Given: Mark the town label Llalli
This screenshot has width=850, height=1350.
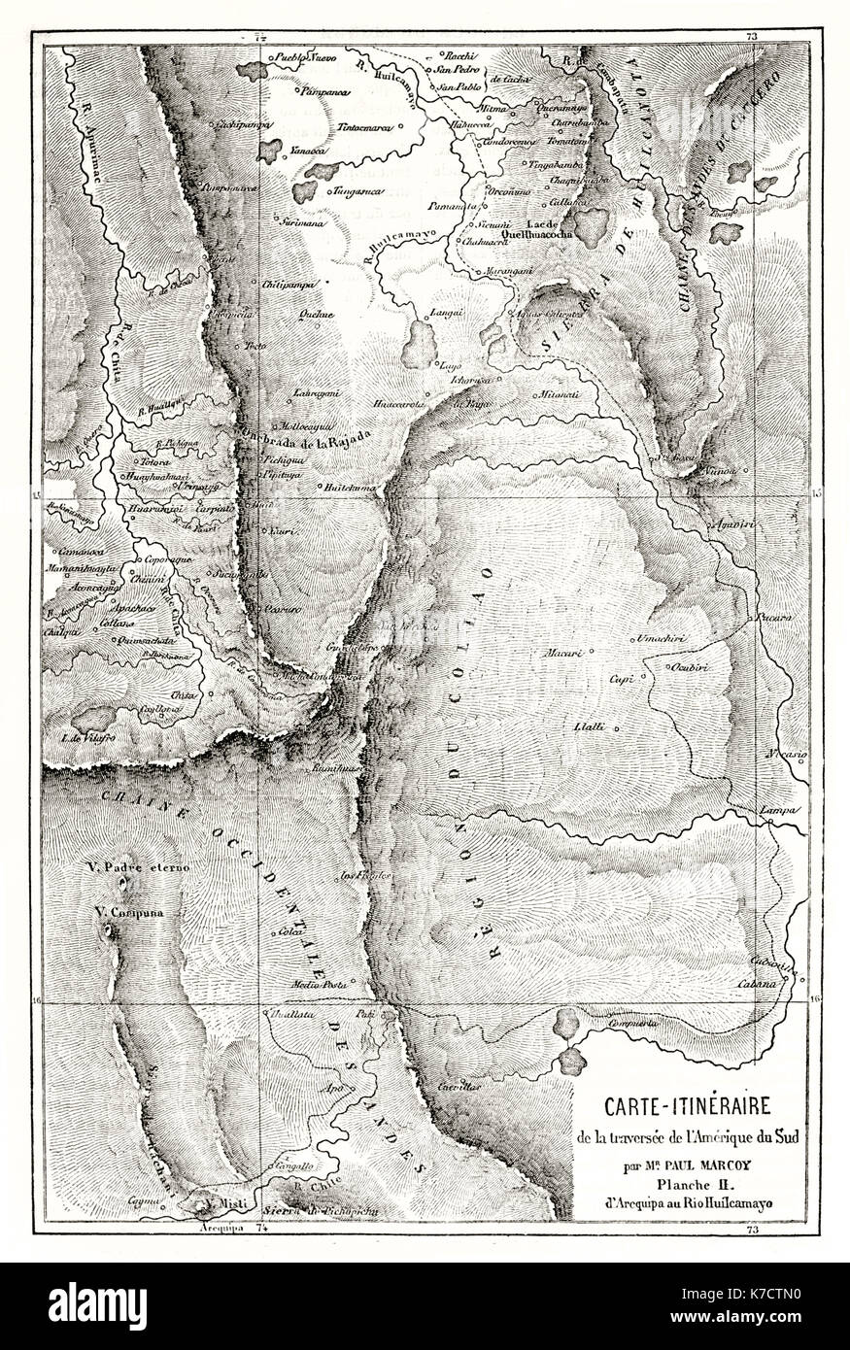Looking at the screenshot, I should [585, 726].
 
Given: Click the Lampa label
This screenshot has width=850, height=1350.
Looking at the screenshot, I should [781, 810].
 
